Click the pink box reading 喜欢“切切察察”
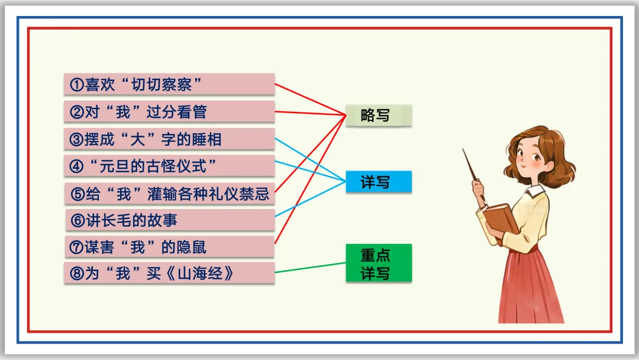click(169, 84)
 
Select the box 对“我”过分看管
click(169, 111)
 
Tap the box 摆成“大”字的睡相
click(169, 139)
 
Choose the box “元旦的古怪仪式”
click(169, 166)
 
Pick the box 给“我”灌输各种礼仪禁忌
click(169, 193)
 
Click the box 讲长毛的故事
click(169, 220)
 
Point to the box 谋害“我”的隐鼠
click(169, 247)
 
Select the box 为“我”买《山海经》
click(169, 273)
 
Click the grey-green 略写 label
click(378, 115)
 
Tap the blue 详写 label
click(378, 182)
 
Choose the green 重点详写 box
click(378, 263)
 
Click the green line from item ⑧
click(311, 268)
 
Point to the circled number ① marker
click(76, 85)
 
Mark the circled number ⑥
click(78, 221)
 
